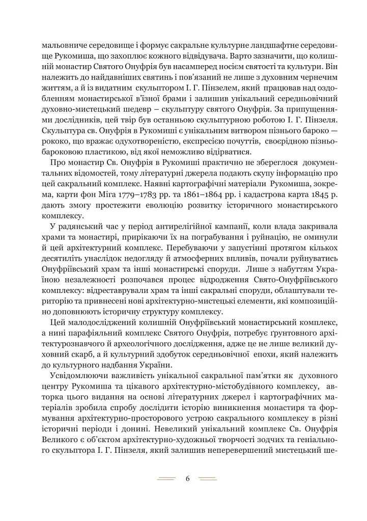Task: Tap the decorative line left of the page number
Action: coord(166,478)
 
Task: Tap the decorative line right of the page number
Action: coord(208,478)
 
